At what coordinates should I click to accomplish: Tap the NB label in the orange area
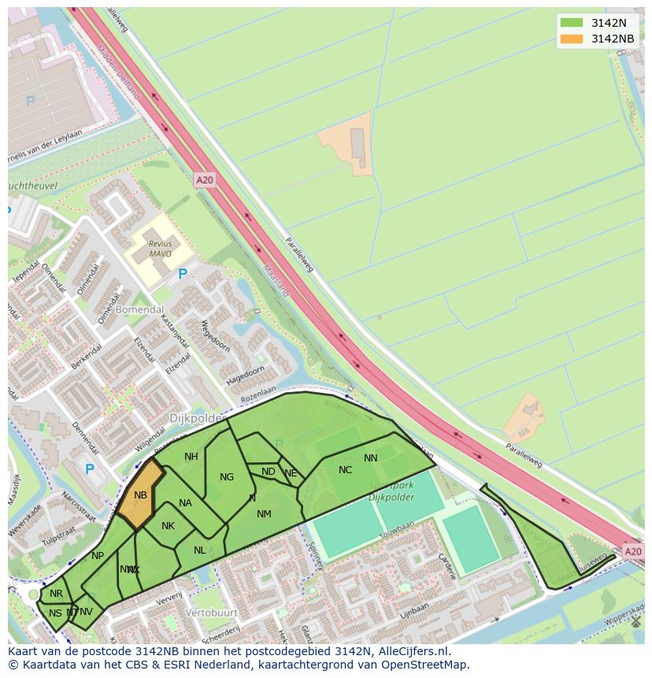140,495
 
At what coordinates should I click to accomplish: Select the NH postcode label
191,457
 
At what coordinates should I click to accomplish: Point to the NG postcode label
227,476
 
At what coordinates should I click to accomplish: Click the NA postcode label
186,503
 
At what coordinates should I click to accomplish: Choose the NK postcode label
168,526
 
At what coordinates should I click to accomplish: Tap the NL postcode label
200,550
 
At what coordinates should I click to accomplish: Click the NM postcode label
264,514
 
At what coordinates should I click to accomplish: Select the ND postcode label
269,472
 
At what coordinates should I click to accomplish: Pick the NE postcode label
291,473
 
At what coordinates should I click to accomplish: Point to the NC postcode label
345,470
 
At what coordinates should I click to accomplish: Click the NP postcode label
98,555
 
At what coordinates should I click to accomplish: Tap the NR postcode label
56,594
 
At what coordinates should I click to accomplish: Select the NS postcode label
55,613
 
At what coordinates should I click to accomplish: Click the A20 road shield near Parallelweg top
205,180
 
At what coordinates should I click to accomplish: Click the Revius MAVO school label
160,249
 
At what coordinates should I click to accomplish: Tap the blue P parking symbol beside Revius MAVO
183,274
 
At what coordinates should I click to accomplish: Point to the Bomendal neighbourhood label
139,309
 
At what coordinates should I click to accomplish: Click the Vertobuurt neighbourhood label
212,612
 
